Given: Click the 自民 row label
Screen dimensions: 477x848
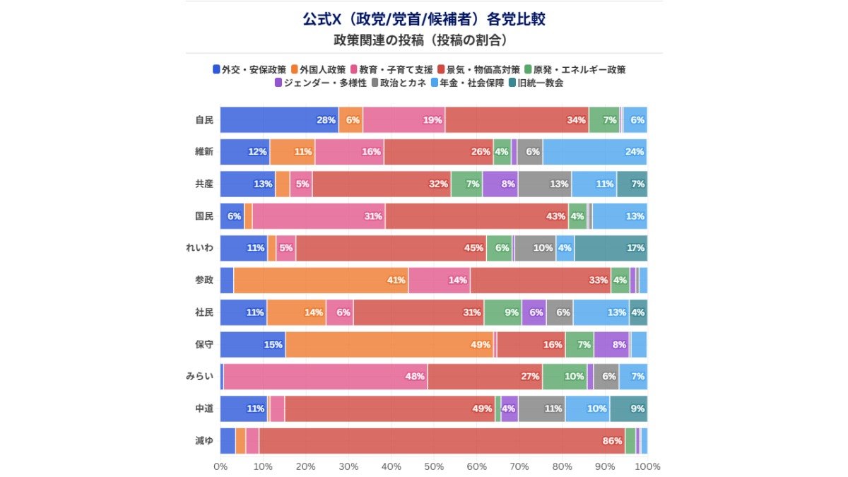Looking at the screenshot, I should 204,120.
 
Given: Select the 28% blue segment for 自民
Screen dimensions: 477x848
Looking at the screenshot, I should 279,120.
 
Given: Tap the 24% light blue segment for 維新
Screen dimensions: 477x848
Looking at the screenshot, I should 594,152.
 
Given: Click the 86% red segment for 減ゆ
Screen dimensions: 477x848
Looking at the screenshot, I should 442,440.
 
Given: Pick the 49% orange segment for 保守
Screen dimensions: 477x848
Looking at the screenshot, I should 389,344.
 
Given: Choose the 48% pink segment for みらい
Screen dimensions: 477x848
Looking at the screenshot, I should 325,377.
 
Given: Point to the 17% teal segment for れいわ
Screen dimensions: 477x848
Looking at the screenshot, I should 611,248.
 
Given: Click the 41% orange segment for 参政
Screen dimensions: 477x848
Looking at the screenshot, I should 321,281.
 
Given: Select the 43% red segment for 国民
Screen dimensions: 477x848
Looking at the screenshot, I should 476,216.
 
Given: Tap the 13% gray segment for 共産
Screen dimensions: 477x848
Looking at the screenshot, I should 545,184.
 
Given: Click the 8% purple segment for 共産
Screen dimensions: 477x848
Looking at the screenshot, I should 500,184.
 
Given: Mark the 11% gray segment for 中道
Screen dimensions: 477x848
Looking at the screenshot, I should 541,408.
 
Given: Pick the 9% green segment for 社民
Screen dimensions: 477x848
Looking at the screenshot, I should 502,312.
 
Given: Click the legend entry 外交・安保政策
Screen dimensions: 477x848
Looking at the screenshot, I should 249,69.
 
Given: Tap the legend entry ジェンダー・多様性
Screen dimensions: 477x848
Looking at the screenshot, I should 320,83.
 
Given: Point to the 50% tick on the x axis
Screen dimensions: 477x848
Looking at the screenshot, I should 434,466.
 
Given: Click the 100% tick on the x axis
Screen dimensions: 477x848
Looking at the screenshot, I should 647,466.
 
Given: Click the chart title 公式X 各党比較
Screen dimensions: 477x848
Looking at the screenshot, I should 424,19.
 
